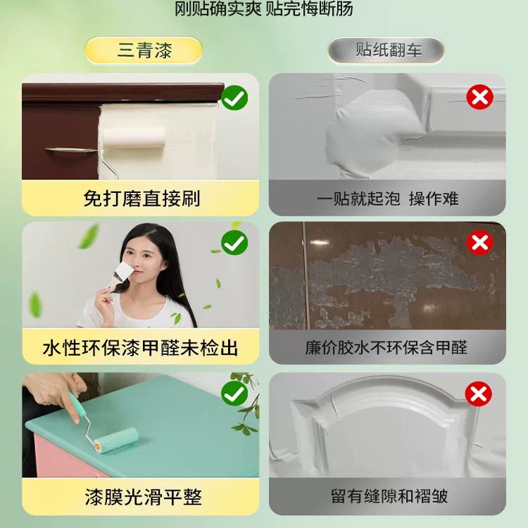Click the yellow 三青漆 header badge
tap(144, 51)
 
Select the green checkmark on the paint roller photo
tap(234, 98)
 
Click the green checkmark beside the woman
tap(234, 244)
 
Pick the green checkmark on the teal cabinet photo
tap(234, 394)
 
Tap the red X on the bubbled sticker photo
tap(479, 97)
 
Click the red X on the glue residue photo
tap(479, 244)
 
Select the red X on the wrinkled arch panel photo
tap(479, 394)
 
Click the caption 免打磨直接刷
tap(141, 199)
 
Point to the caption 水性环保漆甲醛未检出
tap(141, 347)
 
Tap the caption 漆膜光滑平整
tap(141, 497)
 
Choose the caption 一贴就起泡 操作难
tap(387, 199)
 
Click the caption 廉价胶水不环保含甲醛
tap(387, 347)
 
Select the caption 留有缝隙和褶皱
tap(387, 496)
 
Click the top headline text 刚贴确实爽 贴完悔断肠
tap(264, 9)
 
